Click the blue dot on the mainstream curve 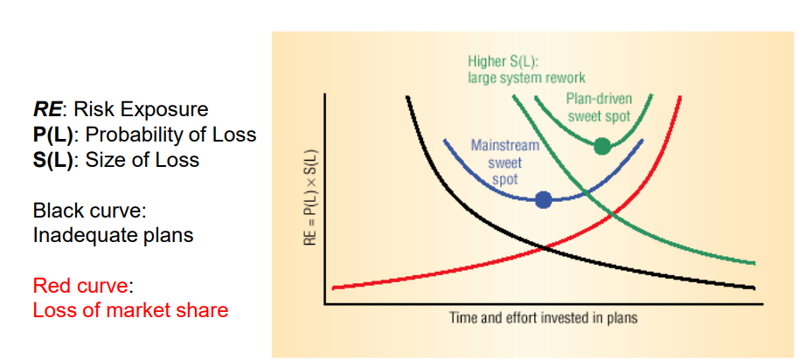(x=543, y=199)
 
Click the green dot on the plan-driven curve (x=601, y=146)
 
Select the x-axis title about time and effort (x=543, y=317)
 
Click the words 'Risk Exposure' (x=142, y=110)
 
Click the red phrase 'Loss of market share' (x=130, y=310)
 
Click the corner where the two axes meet (x=325, y=304)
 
